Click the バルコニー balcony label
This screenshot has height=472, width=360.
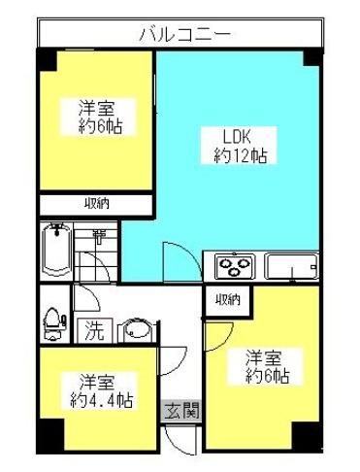click(x=185, y=34)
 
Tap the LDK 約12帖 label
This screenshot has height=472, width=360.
click(x=240, y=146)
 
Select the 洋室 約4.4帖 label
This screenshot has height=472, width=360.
click(x=101, y=390)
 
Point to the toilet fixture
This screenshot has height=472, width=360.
click(x=53, y=324)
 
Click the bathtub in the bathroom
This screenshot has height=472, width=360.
click(x=57, y=250)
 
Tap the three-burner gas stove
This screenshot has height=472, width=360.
click(x=234, y=266)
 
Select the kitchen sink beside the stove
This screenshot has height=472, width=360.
click(x=291, y=266)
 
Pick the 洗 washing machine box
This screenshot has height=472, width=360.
click(x=94, y=330)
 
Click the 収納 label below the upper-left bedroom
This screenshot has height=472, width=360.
click(x=97, y=204)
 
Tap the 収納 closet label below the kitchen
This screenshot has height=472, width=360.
click(x=228, y=300)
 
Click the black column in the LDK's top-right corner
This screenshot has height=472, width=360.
click(x=312, y=57)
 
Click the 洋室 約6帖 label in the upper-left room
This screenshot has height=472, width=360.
click(x=98, y=118)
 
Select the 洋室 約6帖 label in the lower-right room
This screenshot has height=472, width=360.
click(x=265, y=367)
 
